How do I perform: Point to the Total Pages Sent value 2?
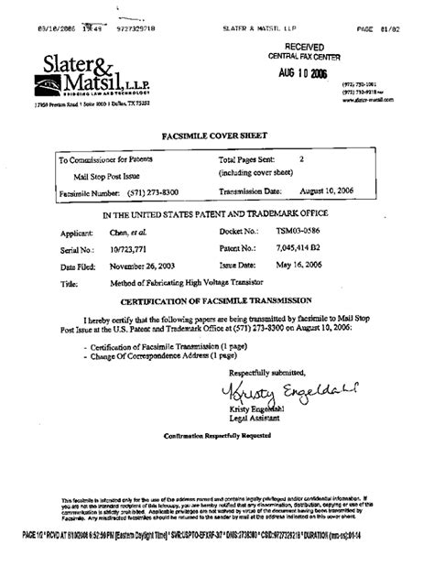click(301, 158)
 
